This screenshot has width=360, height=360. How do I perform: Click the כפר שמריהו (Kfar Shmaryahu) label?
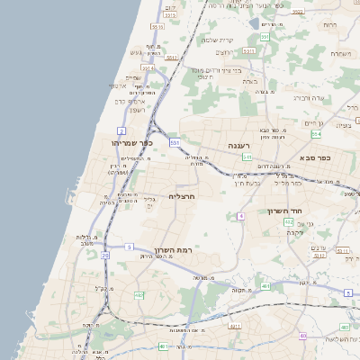tap(132, 142)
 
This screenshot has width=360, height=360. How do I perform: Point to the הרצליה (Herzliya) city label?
tap(182, 195)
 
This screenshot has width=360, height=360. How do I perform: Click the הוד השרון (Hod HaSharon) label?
tap(287, 211)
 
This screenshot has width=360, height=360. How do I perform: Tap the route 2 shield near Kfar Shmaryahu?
tap(121, 131)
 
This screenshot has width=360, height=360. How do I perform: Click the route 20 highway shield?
tap(104, 256)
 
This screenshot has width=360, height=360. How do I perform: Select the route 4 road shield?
tap(241, 217)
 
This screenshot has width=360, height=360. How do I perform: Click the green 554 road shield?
tap(316, 134)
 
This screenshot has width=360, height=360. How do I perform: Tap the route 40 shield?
tap(302, 336)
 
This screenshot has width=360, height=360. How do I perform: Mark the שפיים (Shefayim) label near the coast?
tap(133, 77)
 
